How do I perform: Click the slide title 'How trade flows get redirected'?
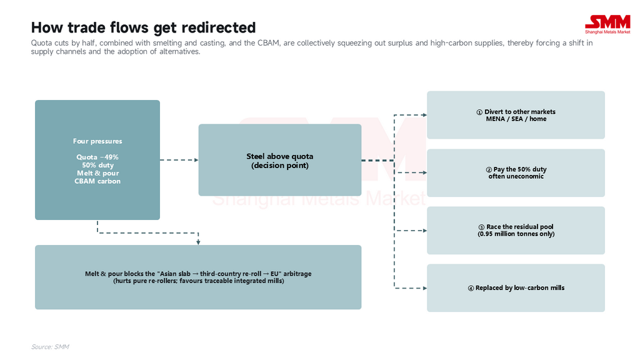(143, 27)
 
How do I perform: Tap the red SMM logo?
(607, 24)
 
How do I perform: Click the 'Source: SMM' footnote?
(50, 346)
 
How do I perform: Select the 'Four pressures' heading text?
(97, 141)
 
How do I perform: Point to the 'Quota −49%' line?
(97, 157)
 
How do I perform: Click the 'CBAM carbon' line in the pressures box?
(97, 181)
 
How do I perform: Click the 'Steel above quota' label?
(280, 156)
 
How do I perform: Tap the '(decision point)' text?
(280, 165)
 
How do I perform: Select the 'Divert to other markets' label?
(520, 112)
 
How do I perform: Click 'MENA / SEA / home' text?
(516, 119)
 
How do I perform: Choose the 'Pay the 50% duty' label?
(520, 169)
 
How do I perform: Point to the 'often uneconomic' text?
(516, 176)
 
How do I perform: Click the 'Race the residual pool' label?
(520, 227)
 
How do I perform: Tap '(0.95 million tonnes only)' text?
(516, 234)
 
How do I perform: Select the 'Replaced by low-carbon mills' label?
(520, 288)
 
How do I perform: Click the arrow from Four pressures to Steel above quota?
(179, 160)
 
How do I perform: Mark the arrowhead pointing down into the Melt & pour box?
(198, 242)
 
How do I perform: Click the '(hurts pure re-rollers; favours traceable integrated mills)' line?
(198, 281)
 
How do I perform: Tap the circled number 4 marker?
(471, 288)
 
